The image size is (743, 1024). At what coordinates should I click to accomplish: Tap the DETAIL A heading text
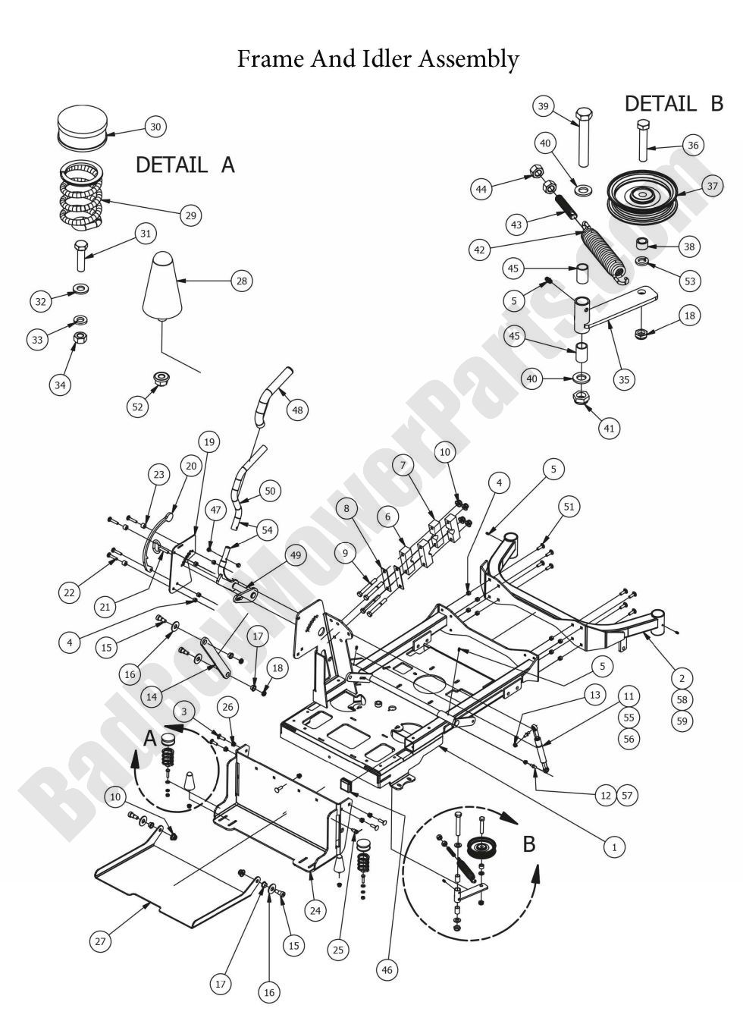point(185,165)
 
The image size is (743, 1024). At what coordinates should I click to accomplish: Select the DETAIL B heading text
point(673,104)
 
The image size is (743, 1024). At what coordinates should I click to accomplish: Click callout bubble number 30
point(155,127)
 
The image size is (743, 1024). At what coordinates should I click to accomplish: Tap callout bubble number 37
point(712,186)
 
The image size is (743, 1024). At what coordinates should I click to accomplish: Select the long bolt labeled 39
point(584,137)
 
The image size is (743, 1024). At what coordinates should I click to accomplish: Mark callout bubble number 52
point(137,407)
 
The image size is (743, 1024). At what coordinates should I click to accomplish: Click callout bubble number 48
point(297,410)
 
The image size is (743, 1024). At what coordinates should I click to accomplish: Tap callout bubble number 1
point(614,846)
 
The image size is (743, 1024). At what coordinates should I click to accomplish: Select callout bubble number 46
point(387,969)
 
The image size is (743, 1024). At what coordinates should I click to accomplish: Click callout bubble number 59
point(682,721)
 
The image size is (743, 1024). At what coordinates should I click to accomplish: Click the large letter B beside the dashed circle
point(530,844)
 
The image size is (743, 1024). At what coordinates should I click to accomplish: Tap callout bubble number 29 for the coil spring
point(190,215)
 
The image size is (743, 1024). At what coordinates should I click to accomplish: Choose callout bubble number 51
point(569,506)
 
